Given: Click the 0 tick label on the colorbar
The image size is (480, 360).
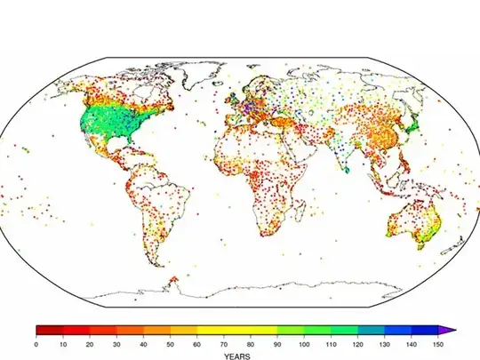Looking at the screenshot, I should (36, 344).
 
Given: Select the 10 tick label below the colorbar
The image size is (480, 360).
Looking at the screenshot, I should (63, 344).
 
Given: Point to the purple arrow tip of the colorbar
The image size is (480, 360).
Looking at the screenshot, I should (451, 330).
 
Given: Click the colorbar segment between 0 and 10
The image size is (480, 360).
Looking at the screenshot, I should (50, 330).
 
